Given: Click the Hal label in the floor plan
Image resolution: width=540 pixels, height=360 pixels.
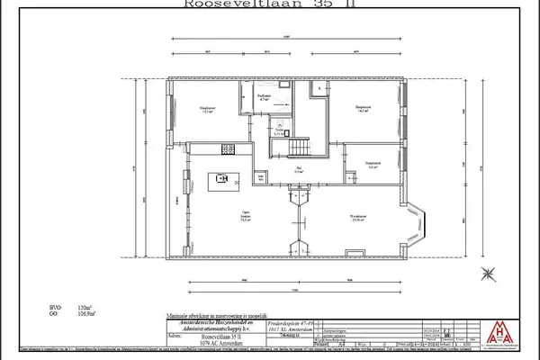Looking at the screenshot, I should point(299,168).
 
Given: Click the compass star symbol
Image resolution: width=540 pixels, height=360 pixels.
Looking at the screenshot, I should point(487,274).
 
